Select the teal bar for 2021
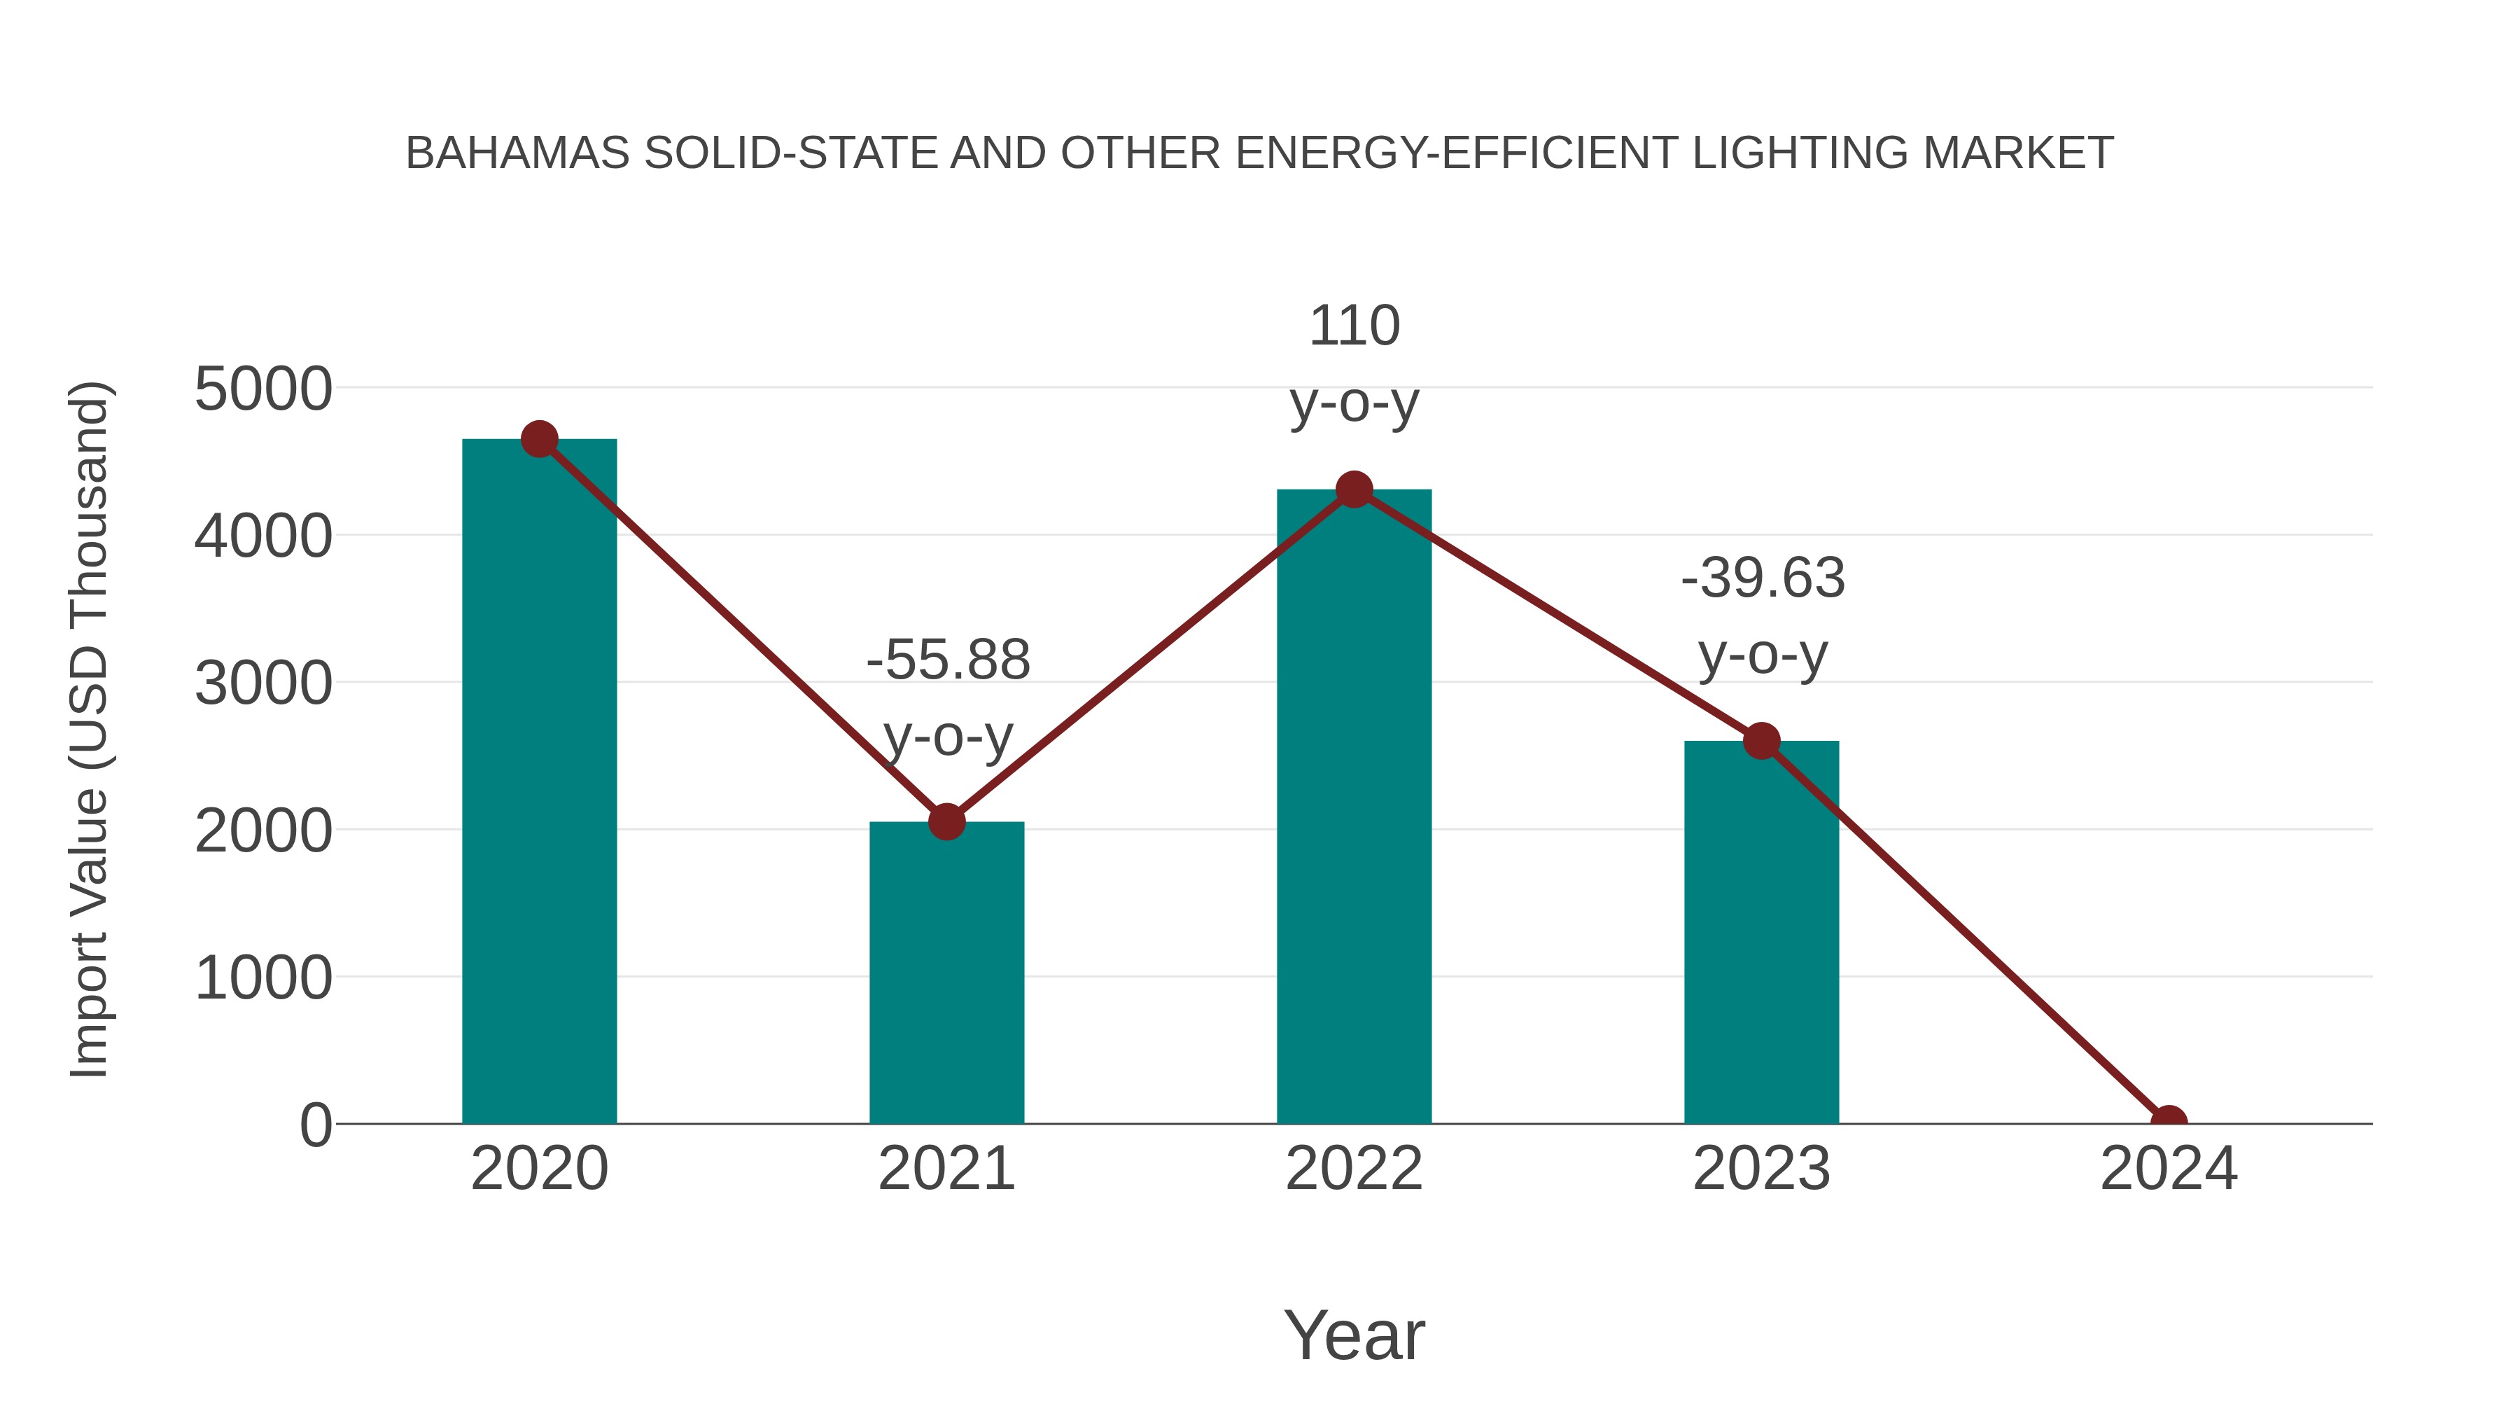[x=946, y=979]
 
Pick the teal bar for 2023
[x=1761, y=940]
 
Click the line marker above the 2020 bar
[x=539, y=439]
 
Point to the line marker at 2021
[x=946, y=822]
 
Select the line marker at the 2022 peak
[x=1354, y=489]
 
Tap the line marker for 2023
[x=1761, y=741]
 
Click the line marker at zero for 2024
[x=2168, y=1122]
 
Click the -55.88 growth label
[x=948, y=660]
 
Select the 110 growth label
[x=1354, y=326]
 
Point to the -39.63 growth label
[x=1763, y=578]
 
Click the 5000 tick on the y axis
[x=263, y=389]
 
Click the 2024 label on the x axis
[x=2168, y=1169]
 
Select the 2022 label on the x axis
[x=1354, y=1169]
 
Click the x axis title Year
[x=1354, y=1335]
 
